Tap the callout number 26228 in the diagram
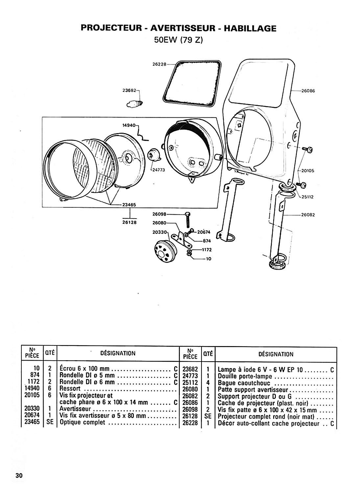point(159,64)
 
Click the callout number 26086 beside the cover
point(308,91)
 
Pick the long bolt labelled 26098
point(188,220)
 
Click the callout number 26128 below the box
point(130,222)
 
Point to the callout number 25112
point(307,197)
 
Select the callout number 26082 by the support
point(308,215)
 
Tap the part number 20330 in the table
point(32,409)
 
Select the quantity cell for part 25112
point(208,383)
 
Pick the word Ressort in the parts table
point(70,389)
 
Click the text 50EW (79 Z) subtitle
point(178,40)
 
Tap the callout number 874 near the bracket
point(207,241)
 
